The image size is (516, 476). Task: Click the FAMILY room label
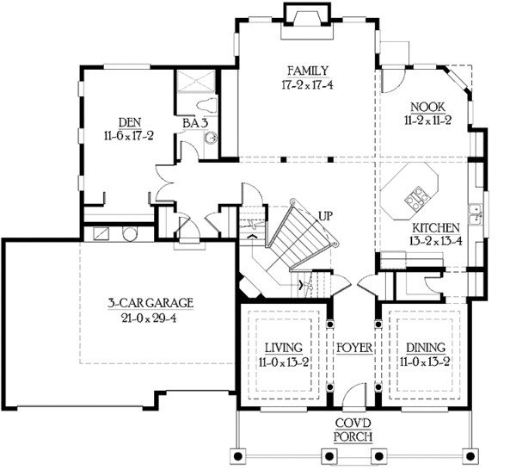pyautogui.click(x=308, y=71)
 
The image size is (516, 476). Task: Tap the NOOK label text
pyautogui.click(x=427, y=107)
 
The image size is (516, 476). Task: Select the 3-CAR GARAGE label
pyautogui.click(x=150, y=303)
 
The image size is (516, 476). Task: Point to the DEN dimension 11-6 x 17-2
pyautogui.click(x=129, y=136)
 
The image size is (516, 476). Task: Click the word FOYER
pyautogui.click(x=354, y=348)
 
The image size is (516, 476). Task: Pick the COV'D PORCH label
pyautogui.click(x=353, y=430)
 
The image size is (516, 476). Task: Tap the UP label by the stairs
pyautogui.click(x=325, y=216)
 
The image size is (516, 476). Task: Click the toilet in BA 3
pyautogui.click(x=207, y=105)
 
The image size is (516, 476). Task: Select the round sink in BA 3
pyautogui.click(x=211, y=138)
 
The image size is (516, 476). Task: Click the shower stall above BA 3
pyautogui.click(x=196, y=81)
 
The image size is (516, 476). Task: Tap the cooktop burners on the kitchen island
pyautogui.click(x=416, y=198)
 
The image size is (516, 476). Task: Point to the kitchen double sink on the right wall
pyautogui.click(x=475, y=214)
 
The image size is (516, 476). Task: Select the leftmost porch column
pyautogui.click(x=238, y=456)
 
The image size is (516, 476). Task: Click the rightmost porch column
pyautogui.click(x=470, y=456)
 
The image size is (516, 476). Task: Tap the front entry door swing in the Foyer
pyautogui.click(x=354, y=396)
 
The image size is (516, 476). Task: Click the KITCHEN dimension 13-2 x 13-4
pyautogui.click(x=436, y=242)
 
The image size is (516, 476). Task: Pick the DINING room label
pyautogui.click(x=426, y=348)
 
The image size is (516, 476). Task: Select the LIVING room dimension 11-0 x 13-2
pyautogui.click(x=283, y=362)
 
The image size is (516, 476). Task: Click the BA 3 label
pyautogui.click(x=195, y=123)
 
